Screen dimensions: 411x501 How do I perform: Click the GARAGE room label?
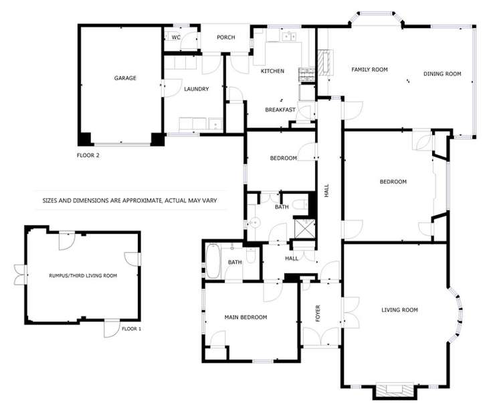(125, 78)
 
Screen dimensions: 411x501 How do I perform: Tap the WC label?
(176, 37)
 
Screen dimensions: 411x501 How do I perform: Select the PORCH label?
(226, 37)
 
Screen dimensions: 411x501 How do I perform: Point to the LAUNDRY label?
(197, 89)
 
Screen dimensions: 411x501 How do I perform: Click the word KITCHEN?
(272, 71)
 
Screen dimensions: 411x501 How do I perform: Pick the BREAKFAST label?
(280, 110)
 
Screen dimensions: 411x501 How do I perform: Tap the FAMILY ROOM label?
(370, 70)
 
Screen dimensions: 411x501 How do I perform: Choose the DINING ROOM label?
(443, 74)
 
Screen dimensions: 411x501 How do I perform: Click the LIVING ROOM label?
(399, 309)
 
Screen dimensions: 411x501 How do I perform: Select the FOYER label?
(318, 313)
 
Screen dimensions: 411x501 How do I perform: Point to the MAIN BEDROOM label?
(245, 317)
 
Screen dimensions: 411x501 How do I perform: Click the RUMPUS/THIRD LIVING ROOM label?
(83, 275)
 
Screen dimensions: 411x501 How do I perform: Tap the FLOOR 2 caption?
(88, 155)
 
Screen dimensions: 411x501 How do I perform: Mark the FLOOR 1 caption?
(132, 329)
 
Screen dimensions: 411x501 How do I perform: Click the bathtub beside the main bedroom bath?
(213, 261)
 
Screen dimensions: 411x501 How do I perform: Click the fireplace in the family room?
(325, 61)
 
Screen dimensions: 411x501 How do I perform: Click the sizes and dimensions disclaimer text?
(130, 200)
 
